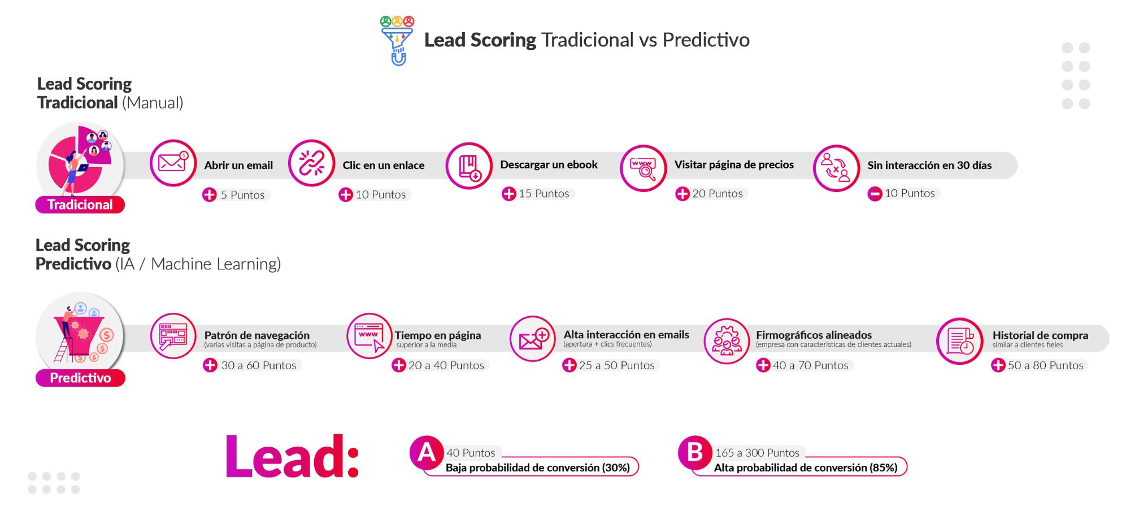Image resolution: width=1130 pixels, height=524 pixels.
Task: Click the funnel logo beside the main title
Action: tap(397, 41)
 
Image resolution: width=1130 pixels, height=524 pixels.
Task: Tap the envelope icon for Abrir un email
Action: tap(173, 163)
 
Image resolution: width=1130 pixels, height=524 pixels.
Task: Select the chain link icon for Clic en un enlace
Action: tap(311, 163)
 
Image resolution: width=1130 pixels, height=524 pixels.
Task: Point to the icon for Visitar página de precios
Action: tap(643, 168)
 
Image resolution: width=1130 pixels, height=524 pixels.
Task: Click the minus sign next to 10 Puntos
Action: tap(875, 194)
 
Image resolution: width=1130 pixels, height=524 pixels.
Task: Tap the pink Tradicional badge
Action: tap(80, 204)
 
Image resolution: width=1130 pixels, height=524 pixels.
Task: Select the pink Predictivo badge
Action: tap(80, 378)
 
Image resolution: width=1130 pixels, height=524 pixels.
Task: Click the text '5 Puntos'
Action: tap(242, 195)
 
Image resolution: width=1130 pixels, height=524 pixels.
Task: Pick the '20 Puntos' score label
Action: tap(718, 194)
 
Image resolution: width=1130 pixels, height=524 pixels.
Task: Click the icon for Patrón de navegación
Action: tap(173, 336)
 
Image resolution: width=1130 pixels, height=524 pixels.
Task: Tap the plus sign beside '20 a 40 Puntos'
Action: tap(399, 365)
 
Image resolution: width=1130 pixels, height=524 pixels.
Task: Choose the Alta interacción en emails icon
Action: tap(533, 339)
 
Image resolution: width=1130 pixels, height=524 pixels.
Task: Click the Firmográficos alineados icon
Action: tap(727, 341)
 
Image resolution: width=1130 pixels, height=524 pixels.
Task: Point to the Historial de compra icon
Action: tap(959, 341)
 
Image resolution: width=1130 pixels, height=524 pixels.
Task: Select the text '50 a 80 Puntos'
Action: tap(1046, 365)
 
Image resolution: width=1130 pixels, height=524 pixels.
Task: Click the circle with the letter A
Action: tap(427, 453)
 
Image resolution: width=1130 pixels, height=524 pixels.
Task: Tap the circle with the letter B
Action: tap(695, 453)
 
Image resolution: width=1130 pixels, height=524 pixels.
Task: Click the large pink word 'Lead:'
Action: tap(292, 457)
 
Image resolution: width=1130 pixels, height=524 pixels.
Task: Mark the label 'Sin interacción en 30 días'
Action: tap(929, 165)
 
